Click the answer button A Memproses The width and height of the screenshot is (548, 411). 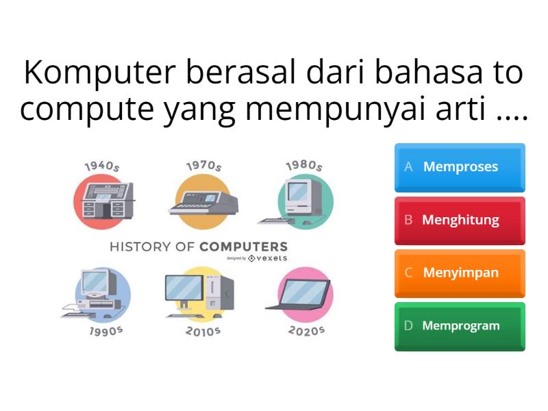pos(460,167)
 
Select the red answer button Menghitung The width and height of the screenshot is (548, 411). pos(460,221)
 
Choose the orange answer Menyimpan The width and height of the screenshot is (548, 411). pos(460,273)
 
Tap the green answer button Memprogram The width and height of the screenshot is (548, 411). pos(460,326)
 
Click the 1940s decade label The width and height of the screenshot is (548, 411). pos(102,166)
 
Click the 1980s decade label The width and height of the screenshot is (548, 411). pos(304,166)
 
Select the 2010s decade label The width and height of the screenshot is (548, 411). pos(203,331)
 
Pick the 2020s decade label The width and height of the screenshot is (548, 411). pos(306,330)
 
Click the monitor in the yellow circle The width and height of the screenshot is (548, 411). pos(185,290)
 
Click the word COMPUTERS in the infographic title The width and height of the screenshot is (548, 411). pos(244,247)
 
